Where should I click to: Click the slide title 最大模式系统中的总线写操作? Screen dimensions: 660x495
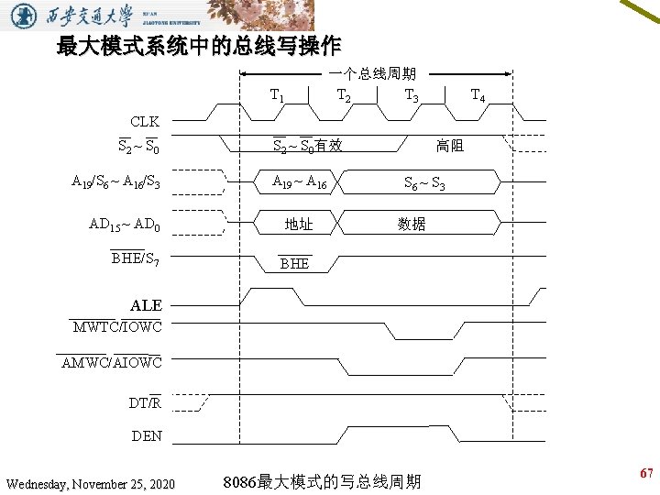click(198, 45)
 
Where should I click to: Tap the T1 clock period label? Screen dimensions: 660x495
click(276, 95)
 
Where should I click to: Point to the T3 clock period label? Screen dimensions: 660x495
click(412, 95)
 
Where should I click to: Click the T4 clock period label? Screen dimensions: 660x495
click(478, 95)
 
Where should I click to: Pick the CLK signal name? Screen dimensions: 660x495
click(144, 121)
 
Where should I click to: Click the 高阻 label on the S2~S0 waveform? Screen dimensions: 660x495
click(449, 146)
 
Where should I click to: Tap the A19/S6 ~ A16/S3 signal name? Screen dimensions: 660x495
click(116, 181)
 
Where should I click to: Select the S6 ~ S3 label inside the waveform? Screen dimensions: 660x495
click(425, 182)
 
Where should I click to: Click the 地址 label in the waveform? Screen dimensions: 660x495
click(299, 224)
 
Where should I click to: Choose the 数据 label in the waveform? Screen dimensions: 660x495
click(412, 224)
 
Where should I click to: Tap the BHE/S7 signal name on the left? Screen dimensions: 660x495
click(135, 258)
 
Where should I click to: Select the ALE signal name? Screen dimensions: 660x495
click(146, 305)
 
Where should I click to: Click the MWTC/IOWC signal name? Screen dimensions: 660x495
click(117, 327)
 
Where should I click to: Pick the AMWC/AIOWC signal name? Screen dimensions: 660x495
click(111, 363)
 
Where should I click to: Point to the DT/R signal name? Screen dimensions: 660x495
click(145, 402)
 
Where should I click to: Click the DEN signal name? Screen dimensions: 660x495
click(147, 436)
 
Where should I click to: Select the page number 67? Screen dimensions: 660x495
click(646, 474)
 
